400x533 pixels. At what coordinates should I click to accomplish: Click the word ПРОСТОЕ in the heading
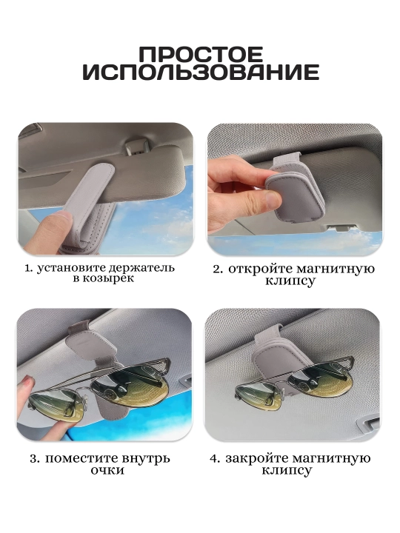201,54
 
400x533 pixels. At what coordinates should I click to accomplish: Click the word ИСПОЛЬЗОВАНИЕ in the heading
201,72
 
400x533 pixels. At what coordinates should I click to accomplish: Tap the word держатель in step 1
141,267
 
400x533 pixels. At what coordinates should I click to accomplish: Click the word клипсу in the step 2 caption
290,281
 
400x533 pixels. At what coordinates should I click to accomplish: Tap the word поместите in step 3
79,458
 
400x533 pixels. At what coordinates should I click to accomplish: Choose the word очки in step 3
107,471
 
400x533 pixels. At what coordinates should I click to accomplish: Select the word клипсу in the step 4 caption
287,471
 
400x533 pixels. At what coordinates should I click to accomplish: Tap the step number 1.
29,268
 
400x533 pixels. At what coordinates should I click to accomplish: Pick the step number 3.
34,459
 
